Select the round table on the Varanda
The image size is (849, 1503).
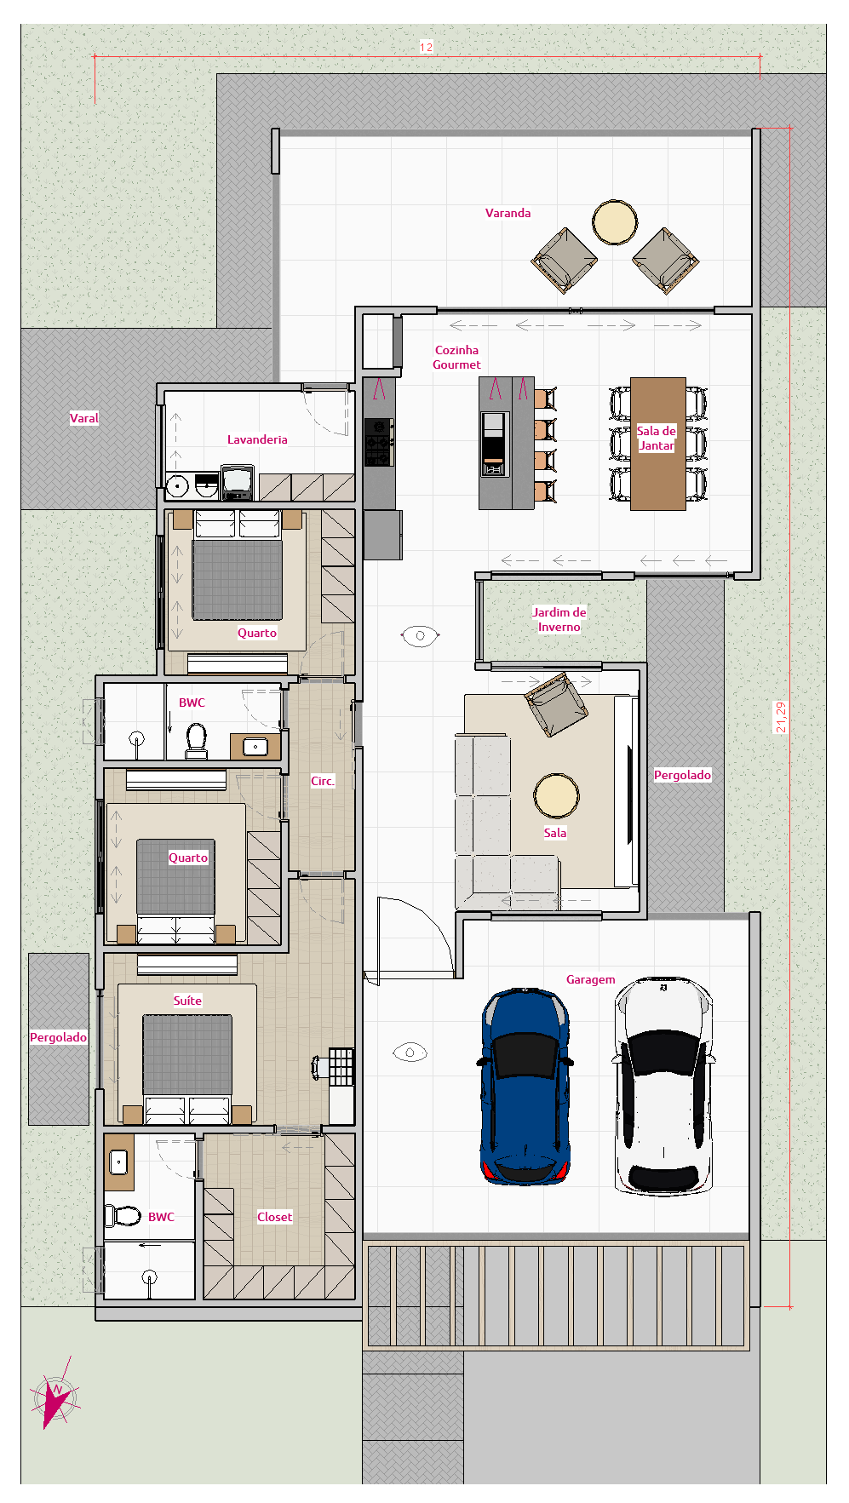(x=615, y=221)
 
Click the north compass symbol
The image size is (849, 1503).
(x=56, y=1397)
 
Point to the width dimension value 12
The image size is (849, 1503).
(x=426, y=47)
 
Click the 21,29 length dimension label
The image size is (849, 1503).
(x=781, y=717)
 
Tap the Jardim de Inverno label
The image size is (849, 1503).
(x=559, y=619)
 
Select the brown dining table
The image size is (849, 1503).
(x=657, y=444)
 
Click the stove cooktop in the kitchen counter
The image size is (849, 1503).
(x=379, y=442)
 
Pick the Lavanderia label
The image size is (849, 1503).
(x=257, y=439)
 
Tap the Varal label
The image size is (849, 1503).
(x=83, y=418)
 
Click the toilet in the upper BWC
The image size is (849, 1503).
(x=197, y=739)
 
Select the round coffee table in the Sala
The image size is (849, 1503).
(x=556, y=795)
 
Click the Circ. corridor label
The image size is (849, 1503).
(x=322, y=781)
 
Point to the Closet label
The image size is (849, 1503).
(x=274, y=1217)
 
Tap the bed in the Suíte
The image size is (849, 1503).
(x=187, y=1056)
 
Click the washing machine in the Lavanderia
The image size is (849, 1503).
(x=238, y=482)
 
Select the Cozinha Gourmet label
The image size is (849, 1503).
(x=456, y=357)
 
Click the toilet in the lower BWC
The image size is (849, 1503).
(x=123, y=1215)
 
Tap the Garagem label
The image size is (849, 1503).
(x=590, y=979)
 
